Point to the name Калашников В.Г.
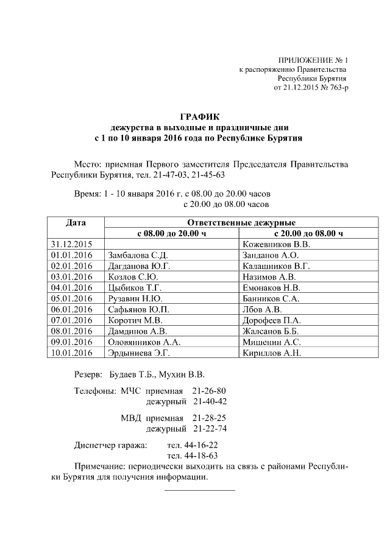click(276, 266)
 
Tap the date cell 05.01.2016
click(71, 298)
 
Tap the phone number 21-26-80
click(209, 390)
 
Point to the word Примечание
click(96, 466)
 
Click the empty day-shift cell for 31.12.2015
click(171, 244)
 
